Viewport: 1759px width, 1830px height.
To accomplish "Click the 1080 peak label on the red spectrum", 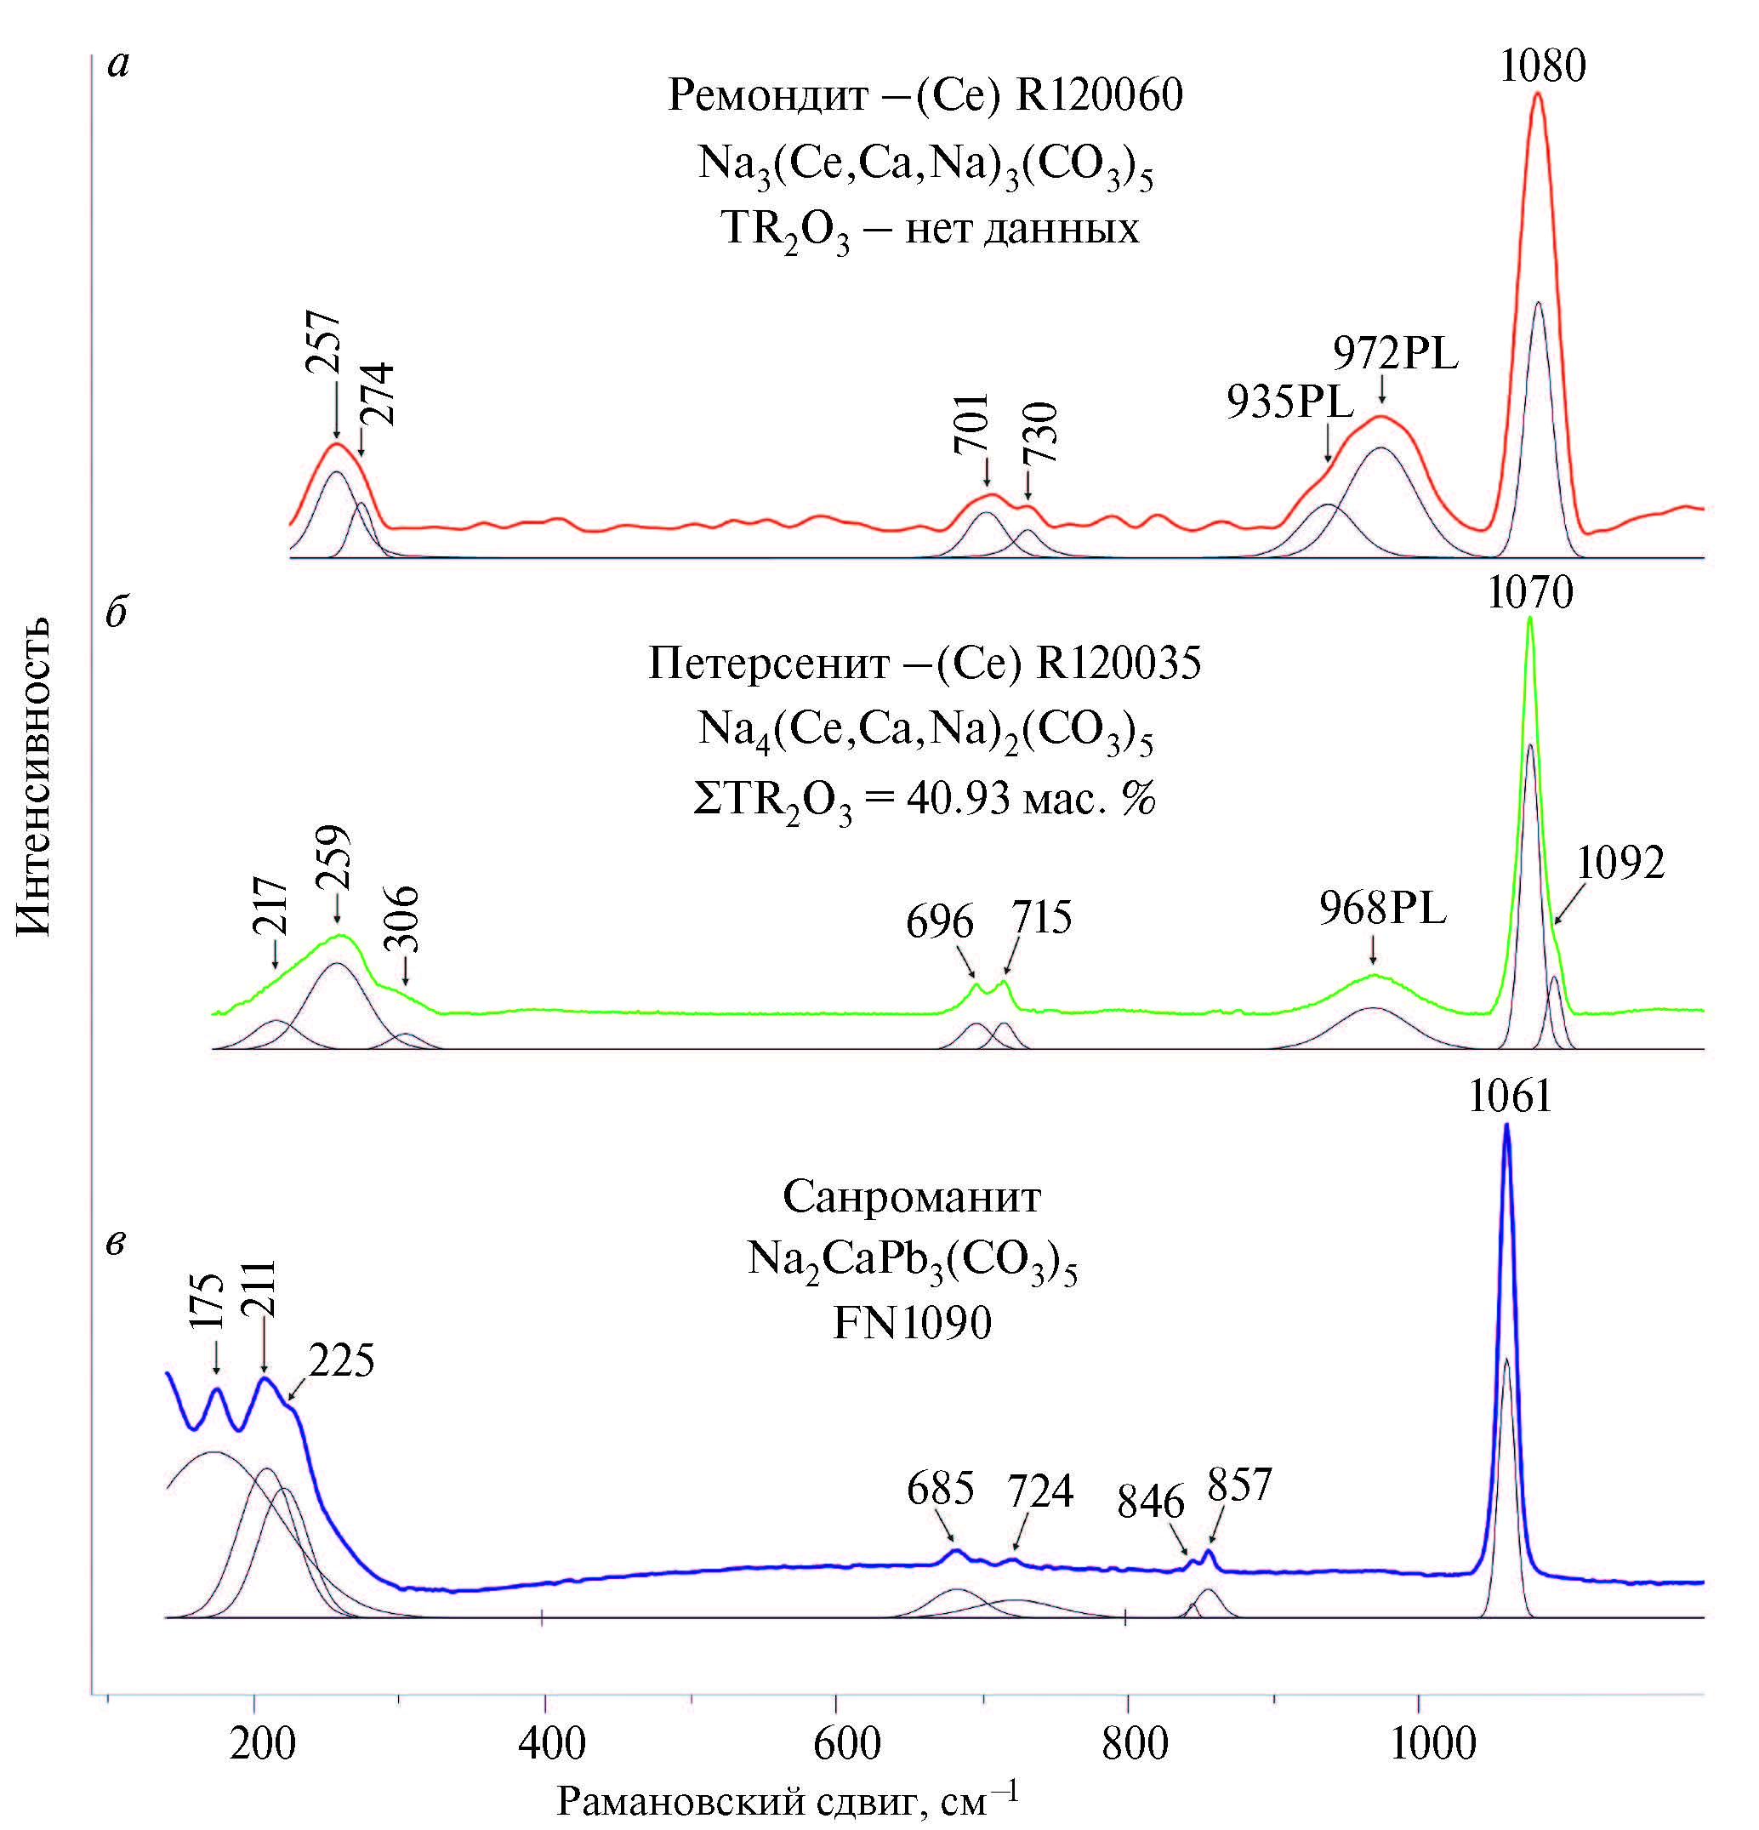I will (x=1542, y=66).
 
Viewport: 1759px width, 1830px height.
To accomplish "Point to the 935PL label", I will (x=1289, y=402).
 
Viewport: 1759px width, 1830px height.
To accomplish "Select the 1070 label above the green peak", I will (x=1529, y=593).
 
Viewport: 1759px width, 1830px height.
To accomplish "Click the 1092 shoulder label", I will (x=1620, y=864).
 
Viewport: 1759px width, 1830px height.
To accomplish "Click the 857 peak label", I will (x=1240, y=1485).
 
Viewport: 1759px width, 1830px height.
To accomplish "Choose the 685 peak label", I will (x=940, y=1488).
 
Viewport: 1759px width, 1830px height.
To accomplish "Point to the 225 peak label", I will (x=342, y=1361).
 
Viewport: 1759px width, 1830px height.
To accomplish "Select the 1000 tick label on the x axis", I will (x=1419, y=1744).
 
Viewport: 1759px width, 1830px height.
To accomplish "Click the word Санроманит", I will (x=911, y=1197).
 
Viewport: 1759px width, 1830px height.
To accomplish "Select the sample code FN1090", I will (x=911, y=1324).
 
